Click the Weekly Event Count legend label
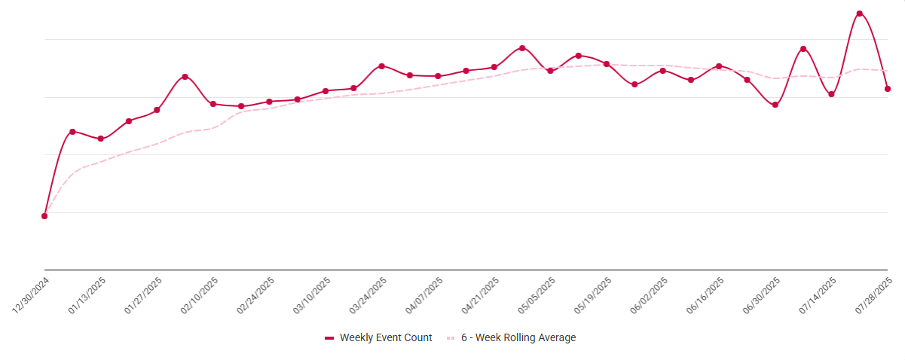[x=386, y=338]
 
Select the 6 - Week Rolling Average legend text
[x=518, y=338]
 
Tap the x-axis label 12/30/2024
[x=31, y=294]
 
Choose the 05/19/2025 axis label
[x=593, y=295]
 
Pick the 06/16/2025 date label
[x=705, y=295]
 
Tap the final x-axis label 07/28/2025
[x=874, y=295]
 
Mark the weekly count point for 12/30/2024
[x=44, y=216]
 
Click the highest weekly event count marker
[x=859, y=14]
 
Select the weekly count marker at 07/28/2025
[x=888, y=89]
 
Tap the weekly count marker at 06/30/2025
[x=775, y=105]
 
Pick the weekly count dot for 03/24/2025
[x=382, y=66]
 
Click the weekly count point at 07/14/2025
[x=831, y=94]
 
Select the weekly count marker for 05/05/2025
[x=550, y=71]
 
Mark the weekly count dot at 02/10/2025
[x=213, y=104]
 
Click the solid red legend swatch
[x=329, y=338]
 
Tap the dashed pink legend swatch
[x=451, y=338]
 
